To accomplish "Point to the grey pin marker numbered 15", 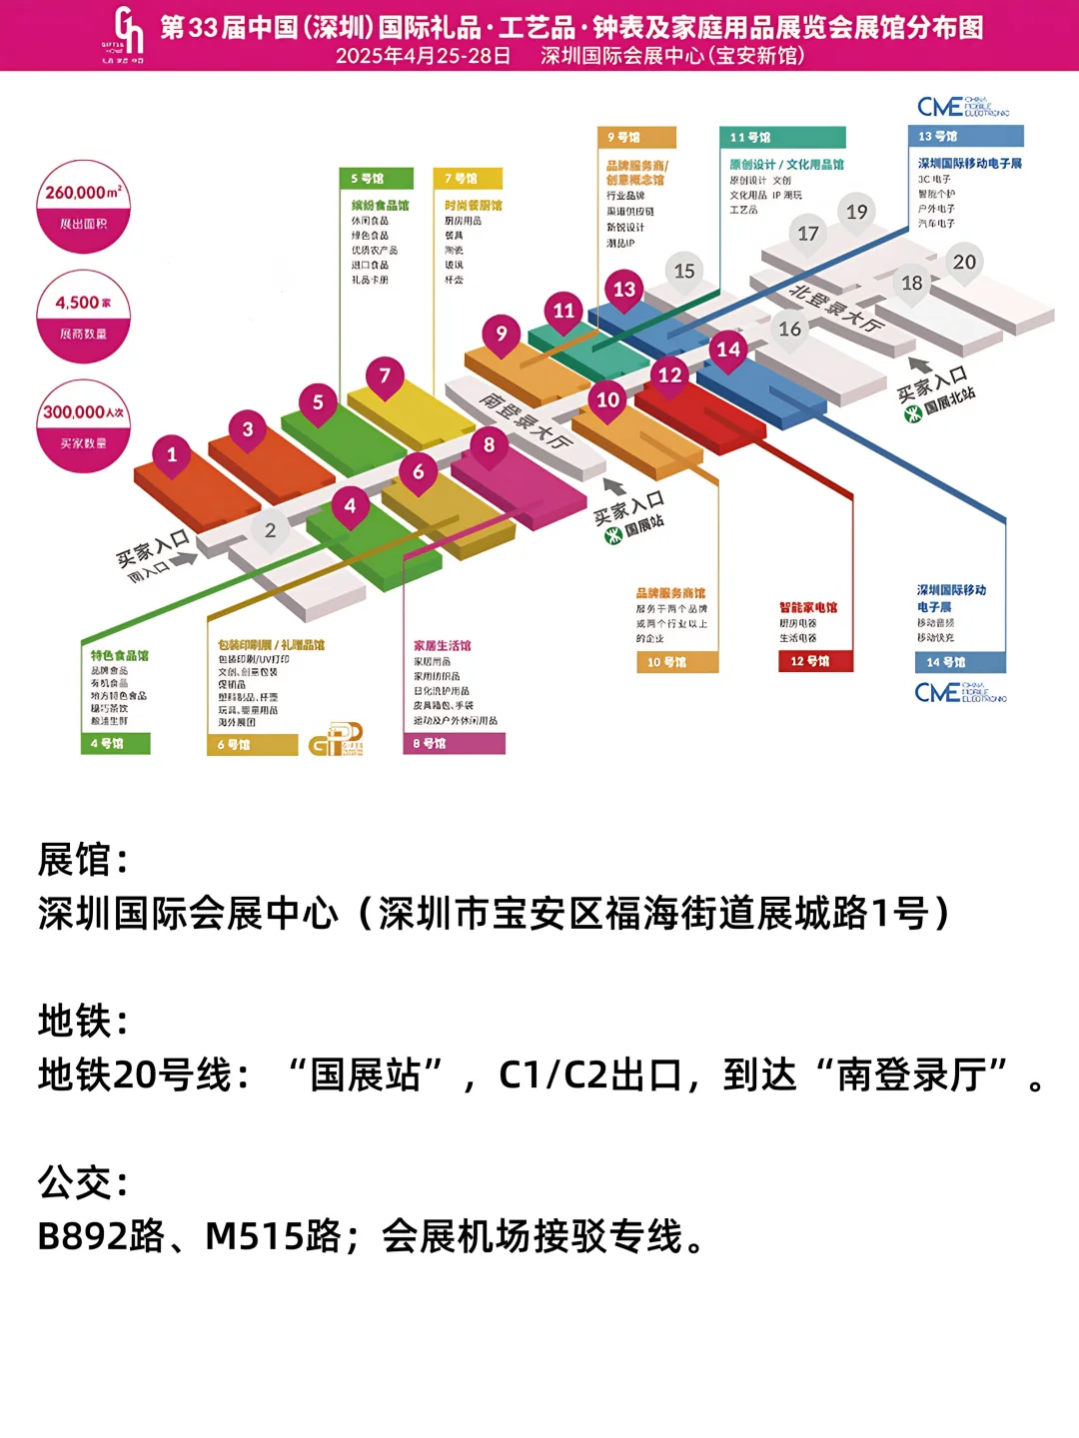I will point(684,272).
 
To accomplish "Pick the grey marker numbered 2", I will point(270,531).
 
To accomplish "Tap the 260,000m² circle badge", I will point(83,207).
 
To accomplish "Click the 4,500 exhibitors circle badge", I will point(83,317).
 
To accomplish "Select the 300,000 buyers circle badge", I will point(83,425).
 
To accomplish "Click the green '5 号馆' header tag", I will point(376,179).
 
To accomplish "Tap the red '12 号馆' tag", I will point(815,661).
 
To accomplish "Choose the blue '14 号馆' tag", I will point(959,662).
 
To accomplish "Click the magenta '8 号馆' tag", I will point(454,744).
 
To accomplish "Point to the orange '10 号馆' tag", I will point(676,662).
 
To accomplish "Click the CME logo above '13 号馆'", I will point(962,107).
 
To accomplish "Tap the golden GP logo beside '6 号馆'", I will point(336,741).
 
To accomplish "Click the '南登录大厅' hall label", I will point(526,419).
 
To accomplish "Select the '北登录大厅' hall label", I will point(837,308).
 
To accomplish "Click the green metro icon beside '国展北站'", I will point(912,413).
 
